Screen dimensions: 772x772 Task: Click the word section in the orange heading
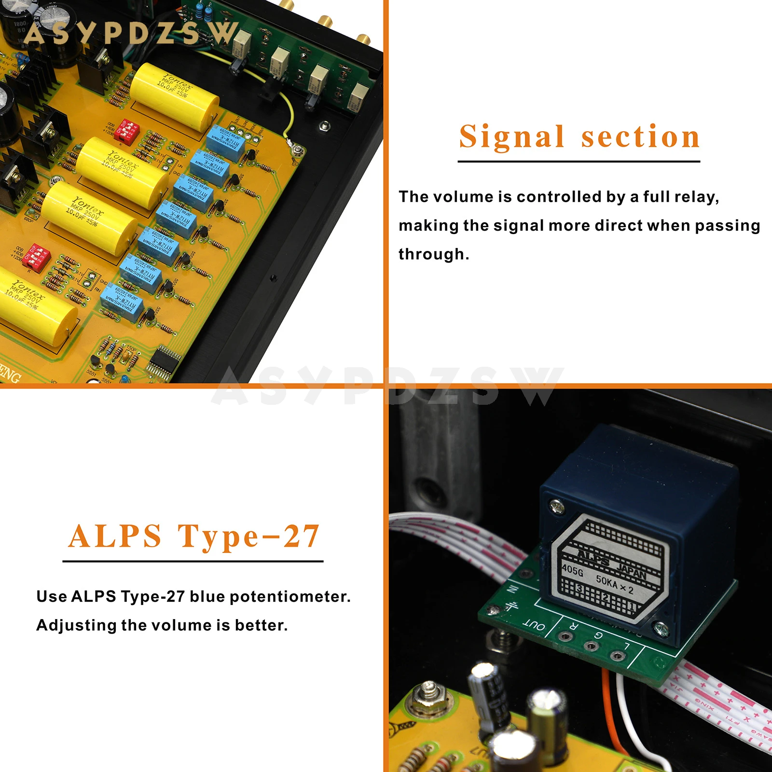640,137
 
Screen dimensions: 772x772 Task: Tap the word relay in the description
696,197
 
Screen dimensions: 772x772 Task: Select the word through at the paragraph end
433,254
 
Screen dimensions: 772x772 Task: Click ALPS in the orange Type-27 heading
115,537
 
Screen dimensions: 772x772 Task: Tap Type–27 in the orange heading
248,537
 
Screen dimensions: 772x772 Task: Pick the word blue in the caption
207,596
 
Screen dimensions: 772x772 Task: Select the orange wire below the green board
612,714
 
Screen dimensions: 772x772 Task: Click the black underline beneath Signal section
579,162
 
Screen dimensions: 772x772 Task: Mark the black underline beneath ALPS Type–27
193,561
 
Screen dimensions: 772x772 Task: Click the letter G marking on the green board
598,635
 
